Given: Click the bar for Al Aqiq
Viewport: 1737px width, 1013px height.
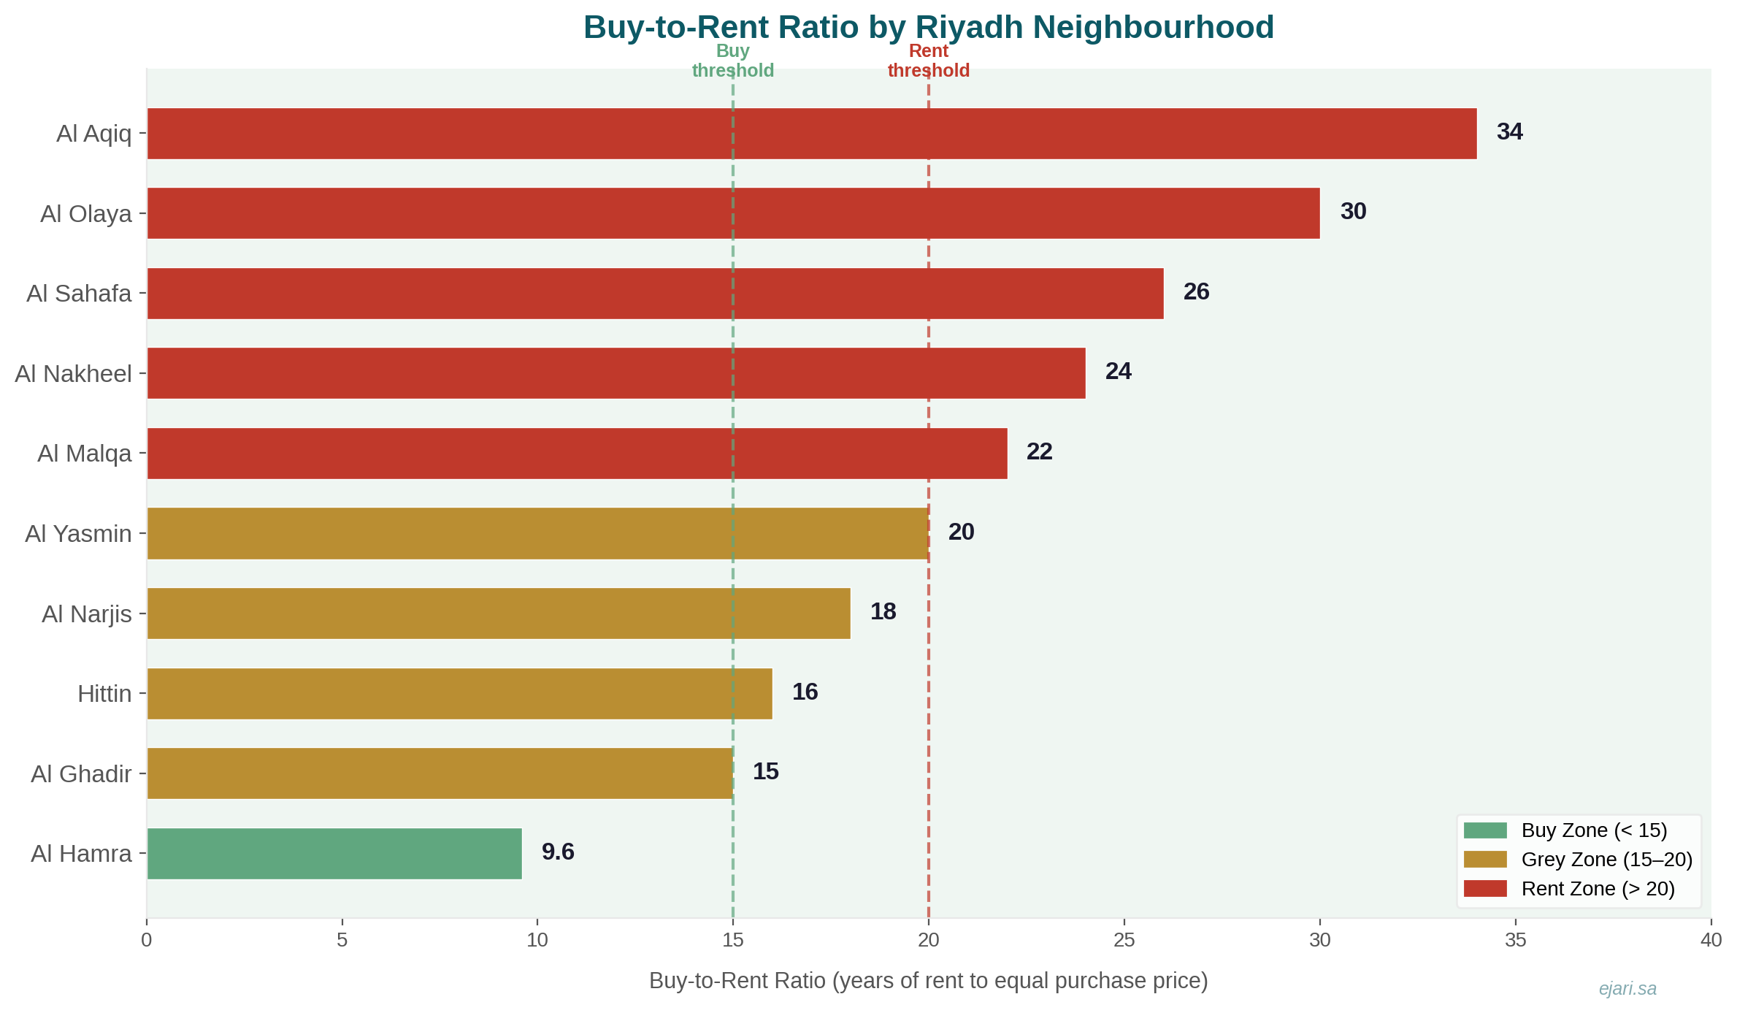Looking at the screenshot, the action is [x=812, y=134].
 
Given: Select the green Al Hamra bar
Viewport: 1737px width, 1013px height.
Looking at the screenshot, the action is [x=334, y=854].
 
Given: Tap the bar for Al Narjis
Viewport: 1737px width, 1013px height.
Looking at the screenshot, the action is [x=499, y=613].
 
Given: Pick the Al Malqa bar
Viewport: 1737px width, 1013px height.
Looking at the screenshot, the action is [x=578, y=454].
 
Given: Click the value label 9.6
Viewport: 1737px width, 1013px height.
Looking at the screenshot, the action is [x=558, y=852].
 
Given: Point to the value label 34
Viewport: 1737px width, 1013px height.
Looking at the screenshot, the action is [x=1509, y=131].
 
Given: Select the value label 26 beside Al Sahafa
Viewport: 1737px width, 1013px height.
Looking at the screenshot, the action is [x=1196, y=291].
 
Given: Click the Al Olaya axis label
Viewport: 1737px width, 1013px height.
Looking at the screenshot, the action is [x=86, y=214].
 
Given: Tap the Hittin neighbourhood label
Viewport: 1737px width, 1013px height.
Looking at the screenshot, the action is [x=104, y=694].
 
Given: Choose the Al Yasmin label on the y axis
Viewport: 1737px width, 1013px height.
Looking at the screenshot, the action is [x=78, y=534].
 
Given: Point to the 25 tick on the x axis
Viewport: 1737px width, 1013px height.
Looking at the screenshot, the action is [x=1124, y=940].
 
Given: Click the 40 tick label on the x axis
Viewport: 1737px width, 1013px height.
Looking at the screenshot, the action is [x=1711, y=940].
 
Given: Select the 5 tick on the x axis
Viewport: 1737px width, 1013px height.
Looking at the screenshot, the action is [x=342, y=940].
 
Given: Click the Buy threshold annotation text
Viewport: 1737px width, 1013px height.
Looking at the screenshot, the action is [x=733, y=61].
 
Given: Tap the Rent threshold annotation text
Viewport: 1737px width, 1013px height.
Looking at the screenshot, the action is [x=929, y=61].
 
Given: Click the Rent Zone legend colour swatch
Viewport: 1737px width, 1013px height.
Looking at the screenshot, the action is [x=1485, y=889].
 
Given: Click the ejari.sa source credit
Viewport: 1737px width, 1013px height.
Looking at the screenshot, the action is [x=1627, y=989].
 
